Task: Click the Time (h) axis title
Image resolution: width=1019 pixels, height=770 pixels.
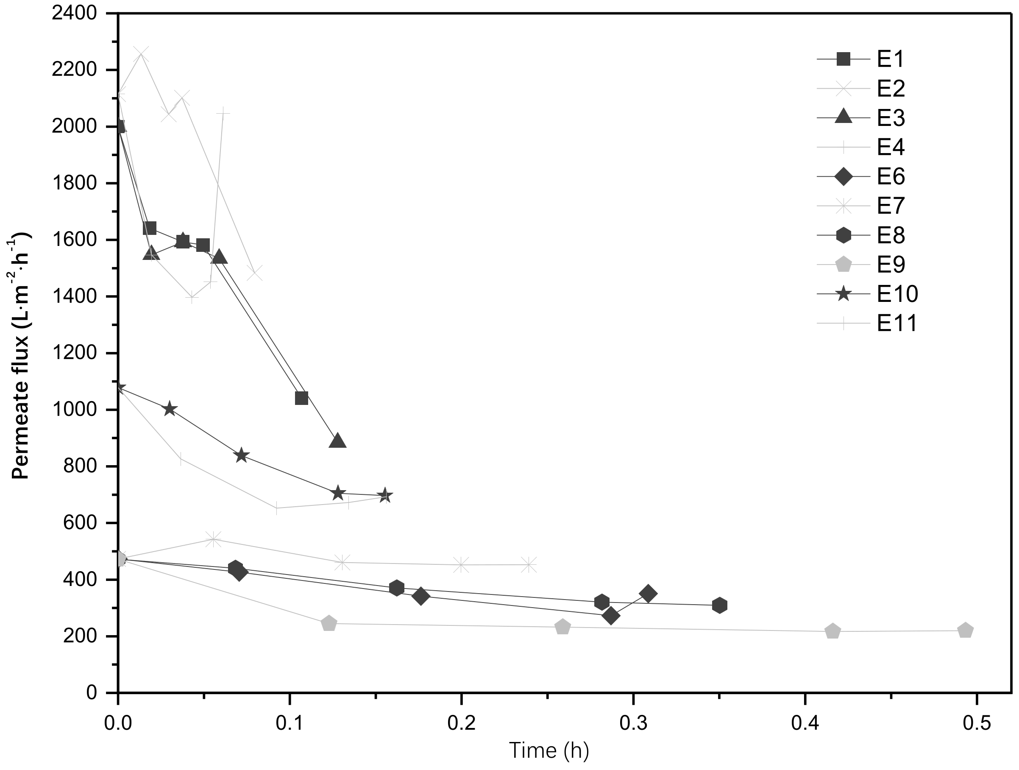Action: click(x=548, y=750)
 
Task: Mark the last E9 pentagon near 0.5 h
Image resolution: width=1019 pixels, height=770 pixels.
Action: click(x=965, y=631)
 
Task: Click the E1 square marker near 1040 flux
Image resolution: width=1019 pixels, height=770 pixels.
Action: click(x=301, y=398)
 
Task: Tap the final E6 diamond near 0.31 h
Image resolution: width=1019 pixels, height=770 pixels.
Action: click(x=648, y=594)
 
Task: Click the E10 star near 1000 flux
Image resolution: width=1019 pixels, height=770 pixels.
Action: click(x=170, y=409)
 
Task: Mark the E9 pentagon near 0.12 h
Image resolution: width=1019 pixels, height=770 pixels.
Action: click(x=329, y=623)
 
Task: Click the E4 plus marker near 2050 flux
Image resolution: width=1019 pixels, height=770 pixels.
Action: click(x=223, y=113)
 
